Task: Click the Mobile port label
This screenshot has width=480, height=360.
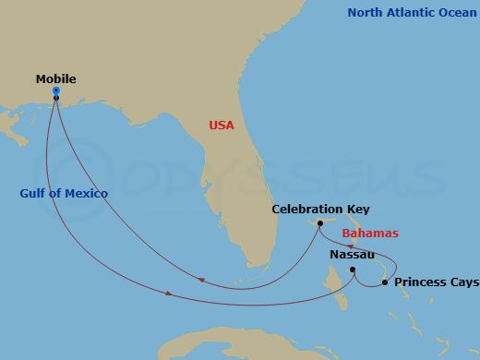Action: [55, 79]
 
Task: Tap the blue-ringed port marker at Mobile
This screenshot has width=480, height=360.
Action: [56, 90]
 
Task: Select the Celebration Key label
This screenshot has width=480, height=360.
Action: [320, 210]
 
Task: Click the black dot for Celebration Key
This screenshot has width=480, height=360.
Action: [320, 223]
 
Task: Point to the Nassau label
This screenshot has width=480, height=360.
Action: [352, 254]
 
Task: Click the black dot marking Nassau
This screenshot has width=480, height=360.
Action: [352, 270]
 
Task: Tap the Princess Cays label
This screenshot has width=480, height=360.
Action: [437, 282]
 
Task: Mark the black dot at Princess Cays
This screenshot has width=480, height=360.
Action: [385, 282]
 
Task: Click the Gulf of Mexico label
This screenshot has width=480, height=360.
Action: [64, 193]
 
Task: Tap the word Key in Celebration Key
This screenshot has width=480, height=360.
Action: [357, 210]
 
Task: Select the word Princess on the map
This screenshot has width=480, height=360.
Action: [421, 282]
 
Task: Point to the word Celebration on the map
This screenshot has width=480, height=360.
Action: [306, 210]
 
